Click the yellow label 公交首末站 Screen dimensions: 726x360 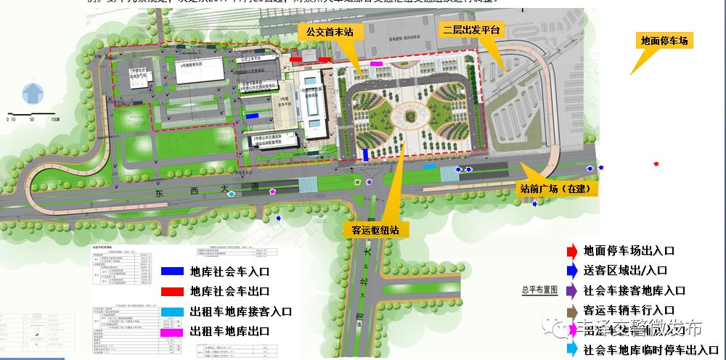[329, 32]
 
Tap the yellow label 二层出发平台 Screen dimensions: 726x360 [473, 30]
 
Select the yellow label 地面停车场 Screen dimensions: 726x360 [664, 41]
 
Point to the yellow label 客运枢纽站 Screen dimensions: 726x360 [376, 230]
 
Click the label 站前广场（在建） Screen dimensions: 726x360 [558, 189]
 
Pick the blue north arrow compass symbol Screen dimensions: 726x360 [32, 93]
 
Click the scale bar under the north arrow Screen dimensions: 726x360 [32, 115]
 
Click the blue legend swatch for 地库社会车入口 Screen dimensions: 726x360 [172, 271]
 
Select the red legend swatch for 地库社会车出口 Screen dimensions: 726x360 [172, 291]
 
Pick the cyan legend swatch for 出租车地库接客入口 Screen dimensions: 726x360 [172, 311]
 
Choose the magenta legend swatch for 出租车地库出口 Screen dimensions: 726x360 [172, 332]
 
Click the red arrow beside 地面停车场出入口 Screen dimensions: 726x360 [572, 251]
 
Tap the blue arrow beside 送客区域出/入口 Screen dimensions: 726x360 [572, 270]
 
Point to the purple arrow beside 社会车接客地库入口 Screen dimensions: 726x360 [572, 290]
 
